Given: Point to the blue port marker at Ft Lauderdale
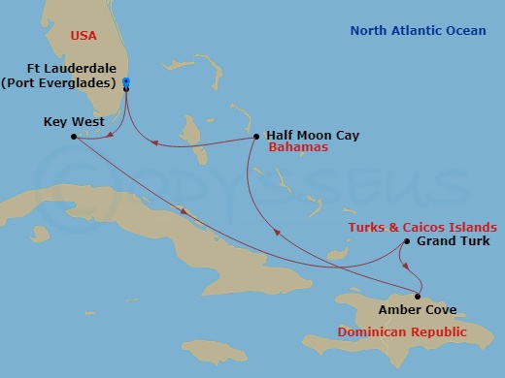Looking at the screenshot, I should pyautogui.click(x=127, y=85).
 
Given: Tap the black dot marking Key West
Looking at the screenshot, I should pyautogui.click(x=74, y=137).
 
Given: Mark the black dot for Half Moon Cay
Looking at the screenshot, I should pyautogui.click(x=255, y=136).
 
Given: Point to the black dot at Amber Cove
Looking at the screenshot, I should pyautogui.click(x=418, y=297).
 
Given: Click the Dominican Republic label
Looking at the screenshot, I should pyautogui.click(x=401, y=331).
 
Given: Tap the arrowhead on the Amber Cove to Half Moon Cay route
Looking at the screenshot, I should pyautogui.click(x=279, y=233).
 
